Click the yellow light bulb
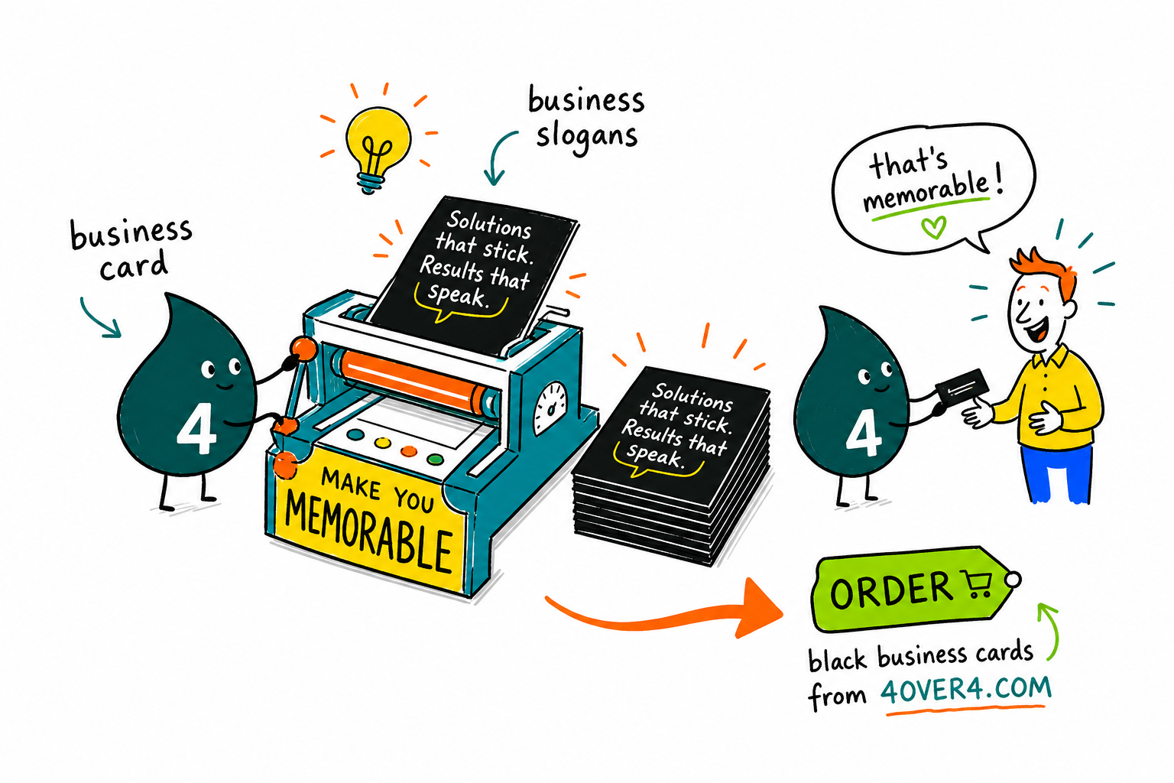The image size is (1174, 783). pyautogui.click(x=378, y=148)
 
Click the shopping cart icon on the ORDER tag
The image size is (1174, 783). pyautogui.click(x=978, y=583)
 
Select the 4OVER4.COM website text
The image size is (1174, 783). pyautogui.click(x=965, y=689)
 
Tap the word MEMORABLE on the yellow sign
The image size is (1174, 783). pyautogui.click(x=368, y=531)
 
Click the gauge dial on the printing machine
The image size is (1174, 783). pyautogui.click(x=550, y=408)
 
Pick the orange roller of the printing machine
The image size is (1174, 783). pyautogui.click(x=414, y=381)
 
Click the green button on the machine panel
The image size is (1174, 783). pyautogui.click(x=434, y=460)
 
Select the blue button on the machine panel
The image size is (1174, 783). pyautogui.click(x=356, y=435)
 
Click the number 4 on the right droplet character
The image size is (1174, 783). pyautogui.click(x=863, y=434)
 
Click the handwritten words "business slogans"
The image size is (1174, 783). pyautogui.click(x=586, y=119)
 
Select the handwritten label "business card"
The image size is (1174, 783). pyautogui.click(x=131, y=249)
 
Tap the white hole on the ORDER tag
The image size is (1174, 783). pyautogui.click(x=1013, y=580)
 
